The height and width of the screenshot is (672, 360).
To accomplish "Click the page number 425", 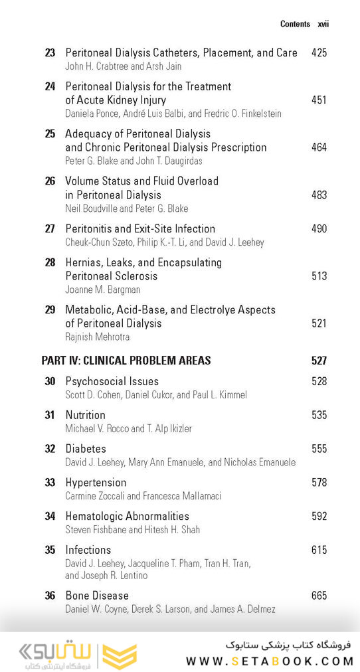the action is pyautogui.click(x=319, y=52).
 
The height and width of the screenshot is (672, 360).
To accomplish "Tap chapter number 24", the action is pyautogui.click(x=50, y=86).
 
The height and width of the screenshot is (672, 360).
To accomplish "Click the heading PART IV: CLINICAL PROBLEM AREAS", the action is pyautogui.click(x=126, y=361).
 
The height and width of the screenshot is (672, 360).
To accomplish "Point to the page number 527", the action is pyautogui.click(x=319, y=361).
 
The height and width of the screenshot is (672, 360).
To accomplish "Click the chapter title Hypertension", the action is pyautogui.click(x=96, y=483).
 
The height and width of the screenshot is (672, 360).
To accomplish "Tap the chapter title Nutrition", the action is pyautogui.click(x=85, y=415).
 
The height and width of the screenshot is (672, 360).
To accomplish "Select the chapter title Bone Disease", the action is pyautogui.click(x=97, y=596).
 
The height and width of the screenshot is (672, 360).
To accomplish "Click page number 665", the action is pyautogui.click(x=319, y=596).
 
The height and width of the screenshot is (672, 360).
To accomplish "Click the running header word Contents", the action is pyautogui.click(x=295, y=24).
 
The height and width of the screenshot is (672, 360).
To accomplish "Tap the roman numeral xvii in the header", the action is pyautogui.click(x=323, y=24).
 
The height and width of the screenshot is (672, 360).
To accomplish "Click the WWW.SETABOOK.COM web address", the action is pyautogui.click(x=270, y=661).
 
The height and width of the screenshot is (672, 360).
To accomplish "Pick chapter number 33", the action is pyautogui.click(x=50, y=483).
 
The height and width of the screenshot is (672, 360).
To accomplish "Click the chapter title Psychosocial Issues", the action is pyautogui.click(x=112, y=381).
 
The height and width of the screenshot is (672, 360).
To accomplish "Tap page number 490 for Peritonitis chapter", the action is pyautogui.click(x=319, y=229).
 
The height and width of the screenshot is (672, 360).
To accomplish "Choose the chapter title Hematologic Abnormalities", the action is pyautogui.click(x=127, y=516).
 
